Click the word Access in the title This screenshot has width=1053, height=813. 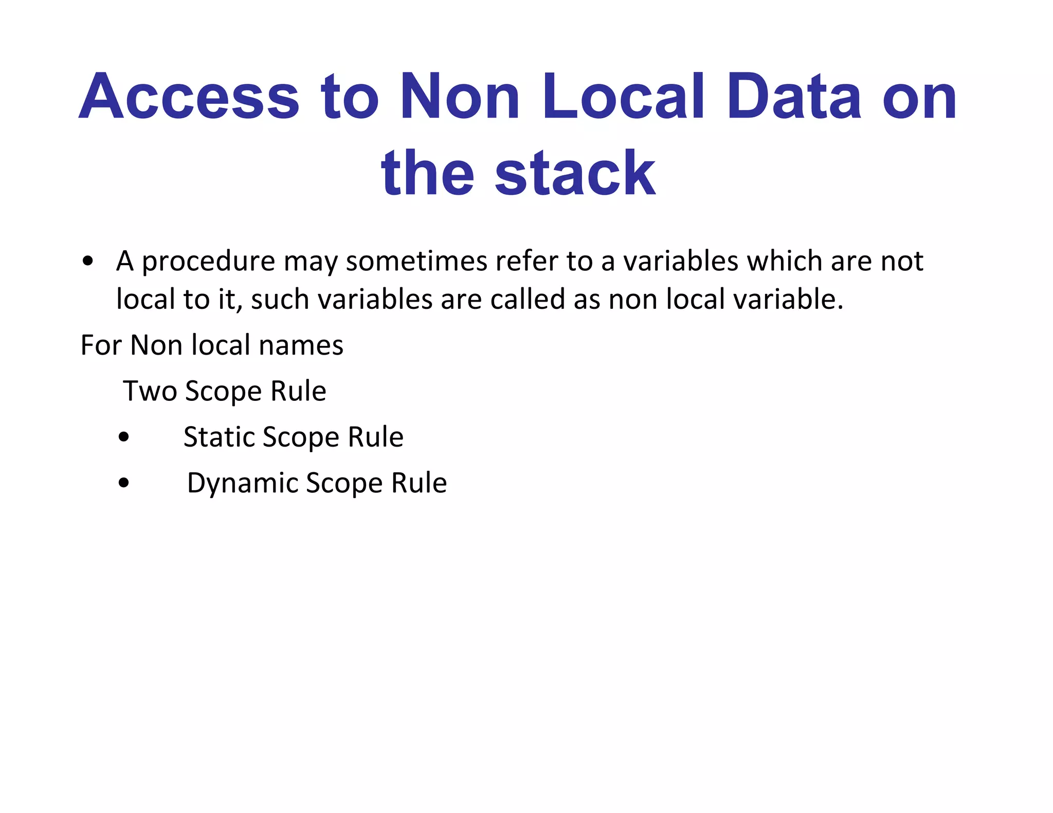coord(189,97)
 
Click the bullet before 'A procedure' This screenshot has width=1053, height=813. coord(88,261)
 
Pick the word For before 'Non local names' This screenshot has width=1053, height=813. coord(101,345)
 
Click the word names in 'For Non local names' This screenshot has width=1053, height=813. coord(301,345)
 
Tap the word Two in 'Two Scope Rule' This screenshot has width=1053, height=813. coord(149,391)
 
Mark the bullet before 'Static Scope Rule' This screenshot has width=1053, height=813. coord(123,438)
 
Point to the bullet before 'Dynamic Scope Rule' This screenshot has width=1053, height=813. coord(123,484)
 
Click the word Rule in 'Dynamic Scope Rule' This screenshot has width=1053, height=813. coord(419,483)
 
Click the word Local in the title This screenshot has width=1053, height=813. coord(623,97)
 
